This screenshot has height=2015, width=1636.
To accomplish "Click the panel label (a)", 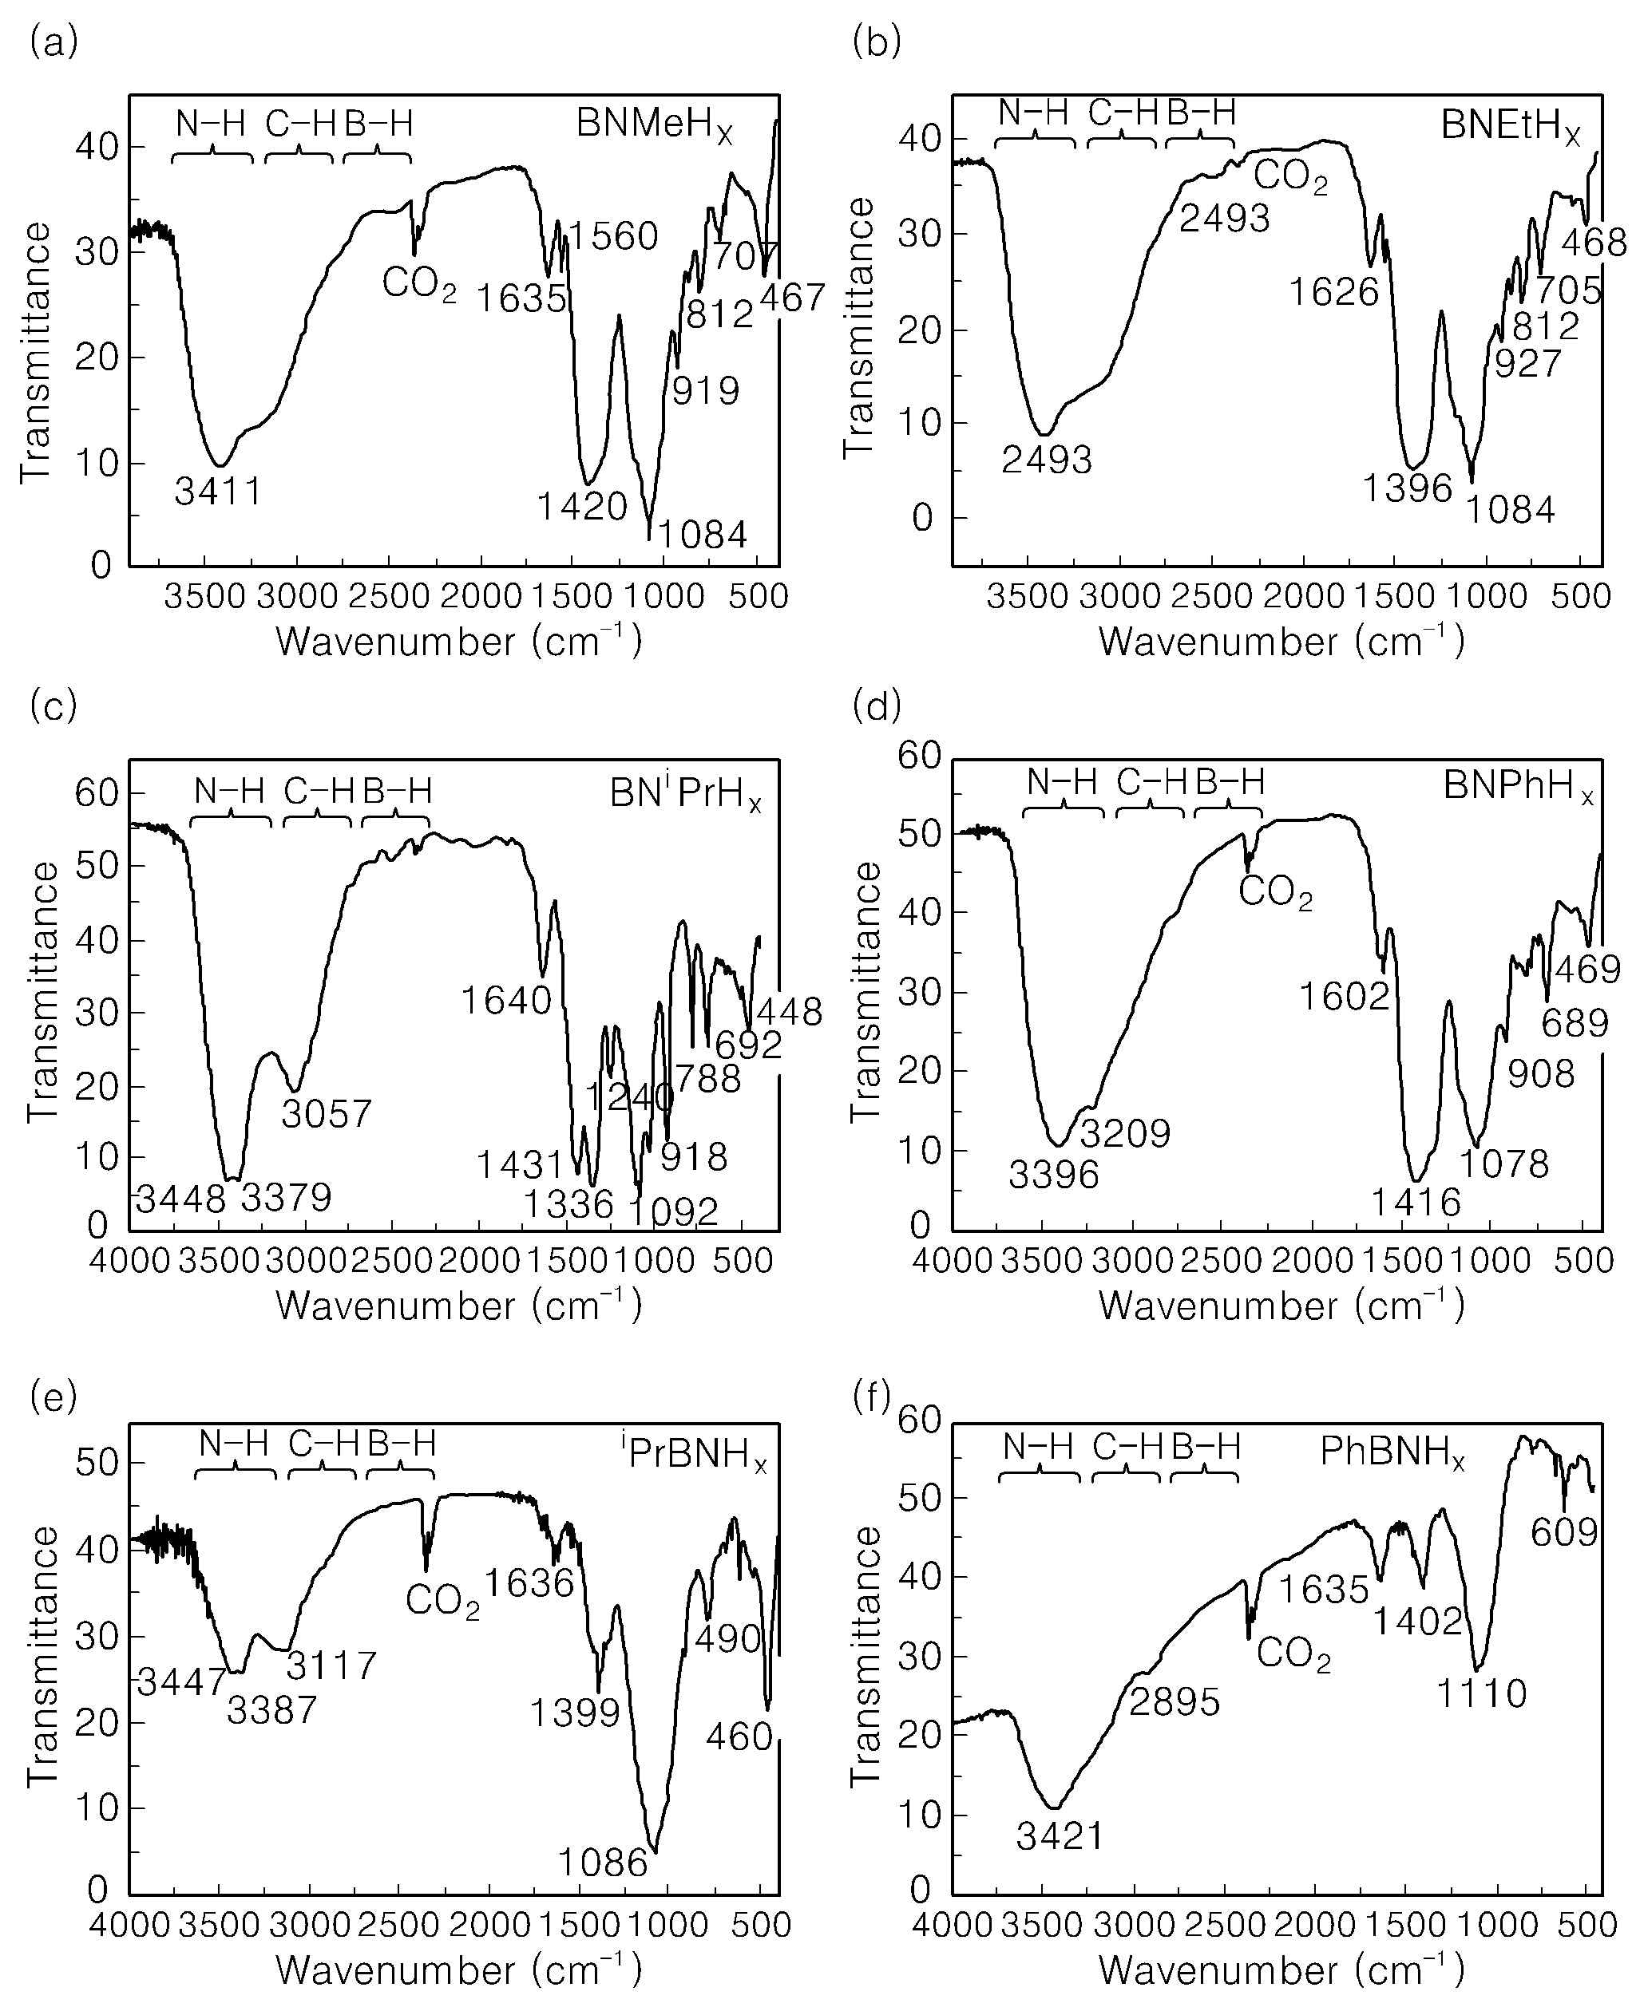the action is click(53, 42).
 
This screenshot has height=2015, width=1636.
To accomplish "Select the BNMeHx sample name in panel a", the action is click(655, 125).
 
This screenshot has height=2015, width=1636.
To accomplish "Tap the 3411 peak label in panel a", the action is click(218, 491).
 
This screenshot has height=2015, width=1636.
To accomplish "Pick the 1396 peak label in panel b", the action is click(1408, 488).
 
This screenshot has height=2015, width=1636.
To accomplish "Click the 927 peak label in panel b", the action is click(1528, 362).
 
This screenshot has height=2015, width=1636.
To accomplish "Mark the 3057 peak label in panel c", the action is click(327, 1113).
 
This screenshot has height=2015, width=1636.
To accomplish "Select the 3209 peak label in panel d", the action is click(1125, 1133).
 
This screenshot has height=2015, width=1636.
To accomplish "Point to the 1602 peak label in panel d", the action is click(1345, 996).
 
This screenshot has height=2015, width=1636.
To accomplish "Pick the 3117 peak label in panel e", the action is click(331, 1666).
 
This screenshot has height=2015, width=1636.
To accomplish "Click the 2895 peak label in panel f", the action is click(1175, 1702).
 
